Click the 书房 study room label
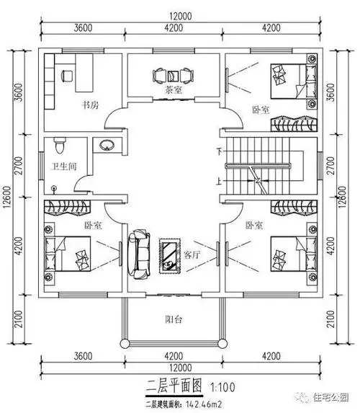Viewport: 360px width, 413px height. tap(90, 105)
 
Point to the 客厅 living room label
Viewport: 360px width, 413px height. tap(192, 254)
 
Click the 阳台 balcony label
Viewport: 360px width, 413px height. tap(174, 320)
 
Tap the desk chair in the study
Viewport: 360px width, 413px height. tap(68, 74)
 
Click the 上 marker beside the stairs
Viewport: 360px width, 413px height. tap(219, 182)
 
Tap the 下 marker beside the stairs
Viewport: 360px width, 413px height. tap(219, 151)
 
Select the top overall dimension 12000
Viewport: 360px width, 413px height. tap(179, 15)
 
